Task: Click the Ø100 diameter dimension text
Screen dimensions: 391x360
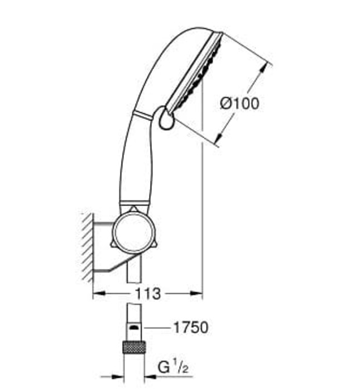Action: click(239, 103)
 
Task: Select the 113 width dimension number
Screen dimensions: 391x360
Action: click(147, 294)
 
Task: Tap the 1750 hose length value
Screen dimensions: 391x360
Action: click(189, 327)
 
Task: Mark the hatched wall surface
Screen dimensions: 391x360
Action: click(86, 246)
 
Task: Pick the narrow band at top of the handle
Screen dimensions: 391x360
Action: click(142, 116)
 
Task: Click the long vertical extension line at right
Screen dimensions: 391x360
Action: click(202, 195)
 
